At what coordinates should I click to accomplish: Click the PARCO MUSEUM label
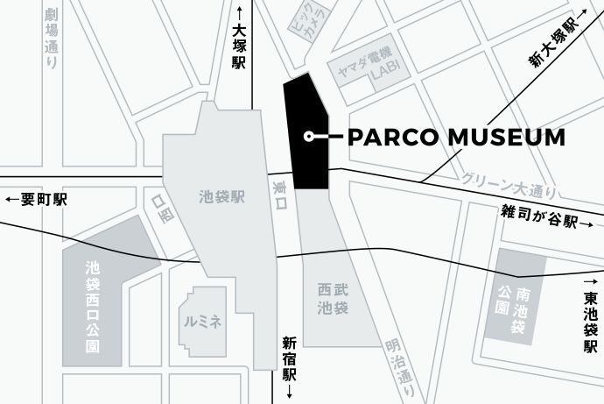(x=456, y=137)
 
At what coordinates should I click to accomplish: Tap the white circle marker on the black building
(x=308, y=136)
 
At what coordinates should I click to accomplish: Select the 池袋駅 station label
(x=221, y=197)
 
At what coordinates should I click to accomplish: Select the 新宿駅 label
(x=289, y=360)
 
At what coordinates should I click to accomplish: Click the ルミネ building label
(x=203, y=322)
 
